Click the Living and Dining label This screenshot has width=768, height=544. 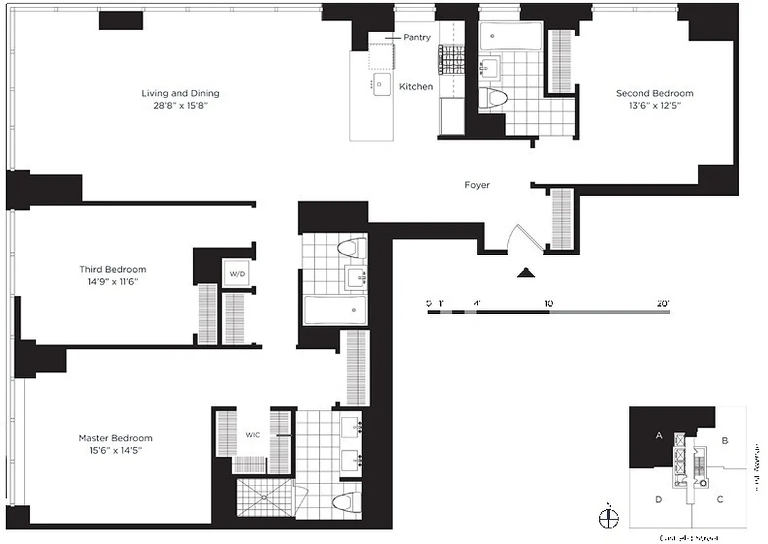tap(180, 93)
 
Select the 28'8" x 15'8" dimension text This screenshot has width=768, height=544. tap(180, 105)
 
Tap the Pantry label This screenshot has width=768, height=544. tap(416, 37)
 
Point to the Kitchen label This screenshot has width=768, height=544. tap(416, 86)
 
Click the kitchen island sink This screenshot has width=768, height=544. tap(381, 85)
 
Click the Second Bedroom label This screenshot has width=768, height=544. tap(654, 93)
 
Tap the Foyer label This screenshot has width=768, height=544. tap(477, 185)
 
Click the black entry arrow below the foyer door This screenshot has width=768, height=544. tap(526, 273)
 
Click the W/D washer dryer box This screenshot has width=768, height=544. tap(236, 275)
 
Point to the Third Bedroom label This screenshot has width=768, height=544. tap(112, 269)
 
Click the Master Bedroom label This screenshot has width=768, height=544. tap(115, 438)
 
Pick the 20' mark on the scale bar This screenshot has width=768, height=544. tap(663, 304)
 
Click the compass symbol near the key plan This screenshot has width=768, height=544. tap(609, 517)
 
